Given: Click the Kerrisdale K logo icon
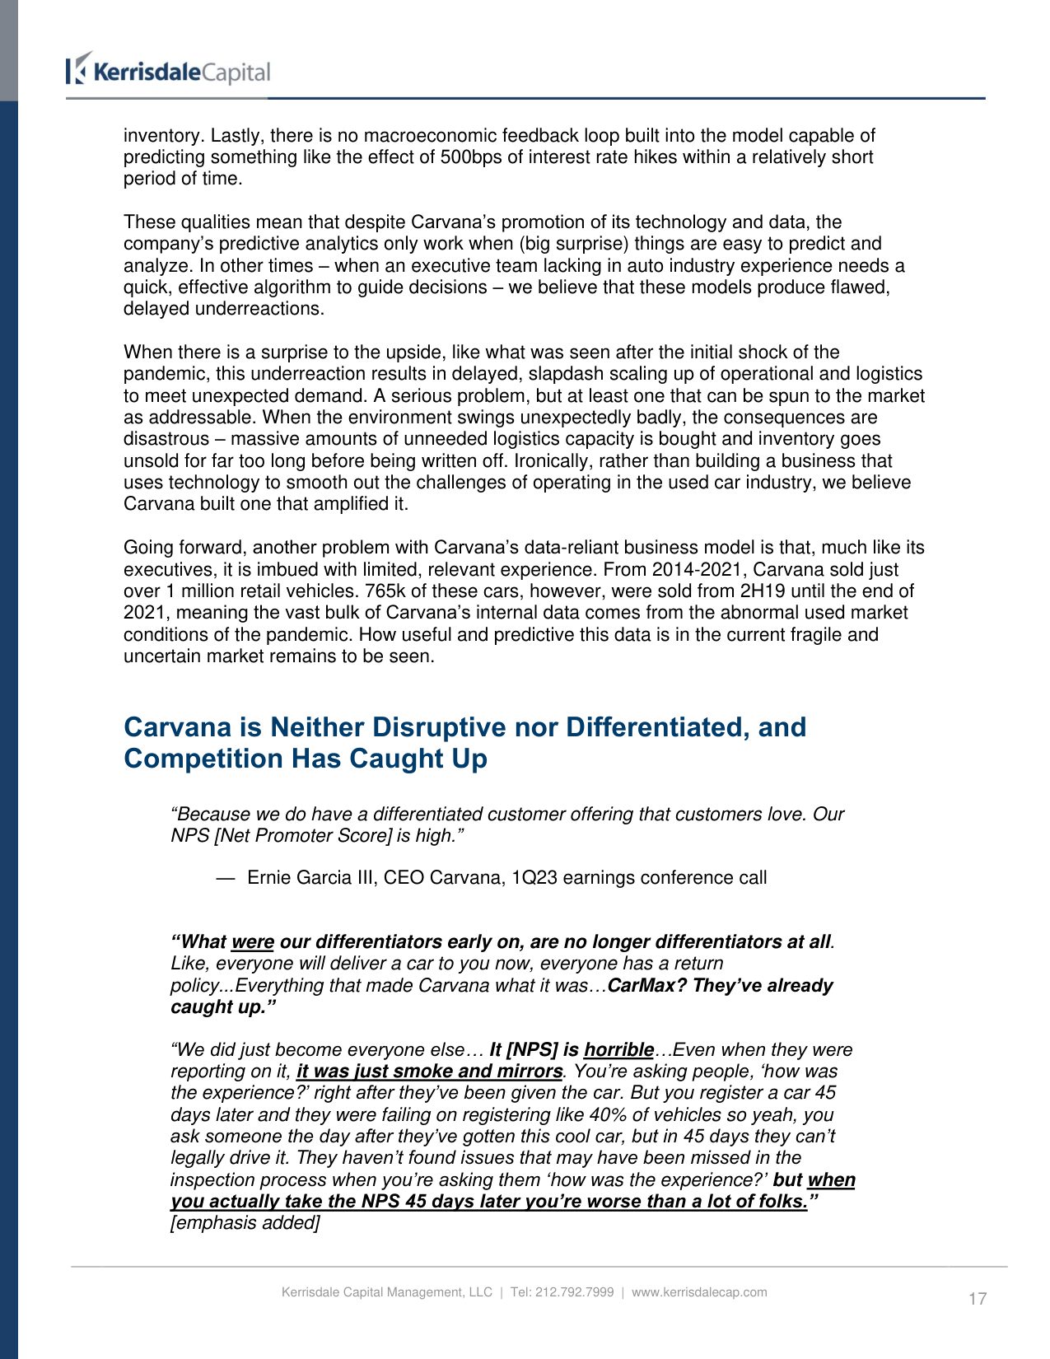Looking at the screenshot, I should pos(78,68).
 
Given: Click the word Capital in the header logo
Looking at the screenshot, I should pos(236,72).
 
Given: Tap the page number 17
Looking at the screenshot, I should pos(977,1299).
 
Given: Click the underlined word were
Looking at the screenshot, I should pos(252,942).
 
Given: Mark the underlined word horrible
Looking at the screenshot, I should pos(618,1050).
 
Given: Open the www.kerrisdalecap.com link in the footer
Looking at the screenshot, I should pos(699,1292).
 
